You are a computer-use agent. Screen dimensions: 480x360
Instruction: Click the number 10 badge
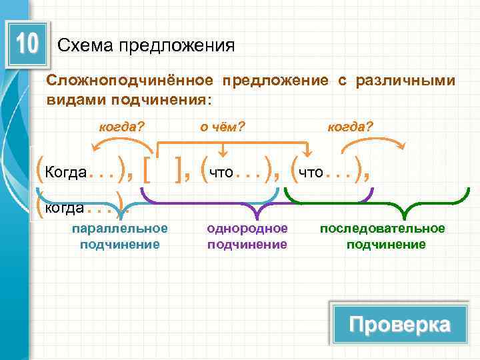27,44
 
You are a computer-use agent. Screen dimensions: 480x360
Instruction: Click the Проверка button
399,325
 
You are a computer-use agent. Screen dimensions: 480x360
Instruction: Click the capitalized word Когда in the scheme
65,173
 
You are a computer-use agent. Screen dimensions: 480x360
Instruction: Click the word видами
70,99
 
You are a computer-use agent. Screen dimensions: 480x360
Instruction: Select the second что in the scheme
311,173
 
